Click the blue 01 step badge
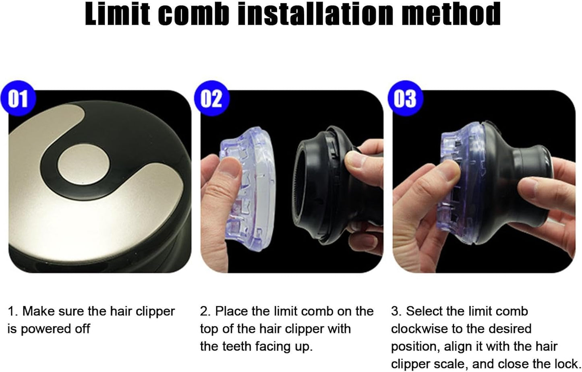(x=18, y=98)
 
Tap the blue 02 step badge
(x=211, y=98)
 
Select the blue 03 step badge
(x=404, y=98)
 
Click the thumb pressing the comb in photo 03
(x=443, y=173)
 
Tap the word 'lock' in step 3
(x=564, y=364)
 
